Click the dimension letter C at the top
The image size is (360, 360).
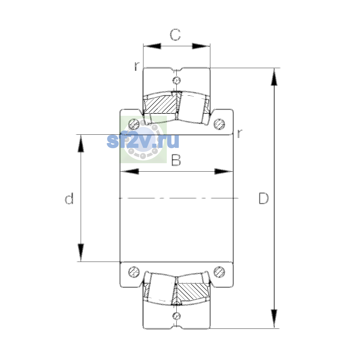(x=175, y=35)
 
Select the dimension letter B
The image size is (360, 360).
(x=176, y=160)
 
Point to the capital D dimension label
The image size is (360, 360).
(x=264, y=198)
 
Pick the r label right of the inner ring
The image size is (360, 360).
(x=239, y=133)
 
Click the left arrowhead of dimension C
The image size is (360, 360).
(x=152, y=46)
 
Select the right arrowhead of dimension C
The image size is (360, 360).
(x=201, y=46)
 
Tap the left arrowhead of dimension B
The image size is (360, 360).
(x=130, y=172)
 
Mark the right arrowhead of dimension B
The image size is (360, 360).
(x=223, y=172)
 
